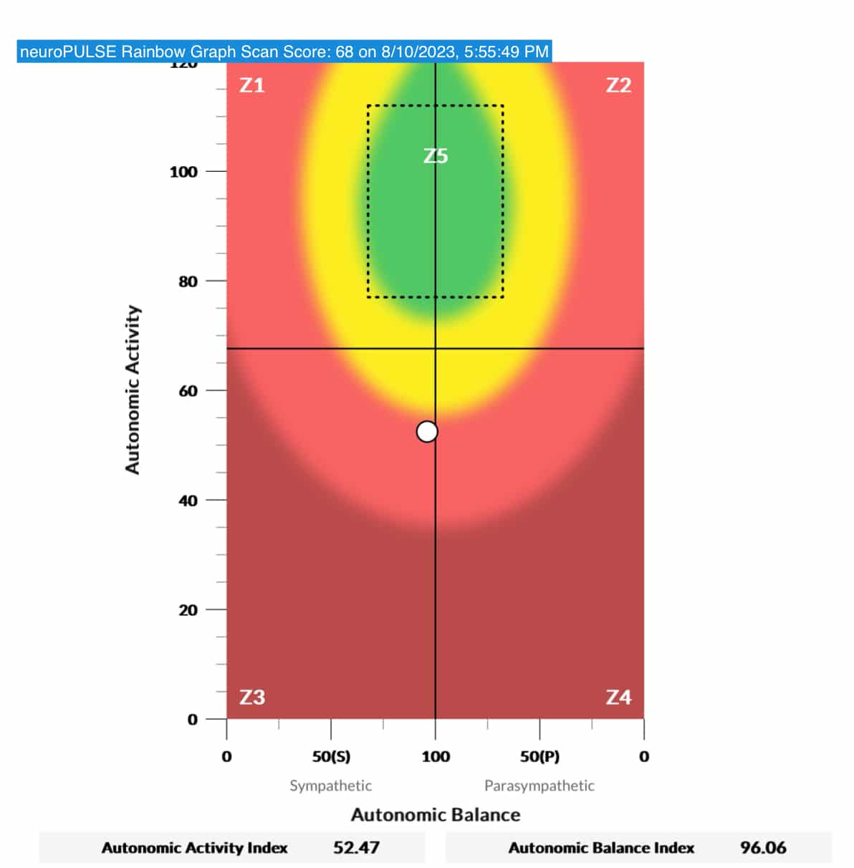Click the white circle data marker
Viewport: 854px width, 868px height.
coord(427,432)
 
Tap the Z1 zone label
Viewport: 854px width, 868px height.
coord(251,85)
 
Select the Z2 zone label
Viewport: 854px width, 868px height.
coord(618,85)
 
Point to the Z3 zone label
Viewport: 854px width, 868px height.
coord(251,697)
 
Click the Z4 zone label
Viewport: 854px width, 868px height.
coord(618,697)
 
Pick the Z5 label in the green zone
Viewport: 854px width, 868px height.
coord(436,155)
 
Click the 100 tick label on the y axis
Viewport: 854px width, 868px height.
coord(183,172)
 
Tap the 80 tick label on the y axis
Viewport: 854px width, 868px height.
coord(188,281)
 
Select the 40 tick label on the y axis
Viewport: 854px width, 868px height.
coord(188,501)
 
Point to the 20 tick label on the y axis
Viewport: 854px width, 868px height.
coord(188,610)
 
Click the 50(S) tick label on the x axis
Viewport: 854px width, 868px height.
coord(331,756)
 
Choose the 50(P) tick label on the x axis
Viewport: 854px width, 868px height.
coord(539,756)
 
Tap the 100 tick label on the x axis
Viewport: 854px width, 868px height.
coord(436,756)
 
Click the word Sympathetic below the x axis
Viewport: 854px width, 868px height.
coord(330,786)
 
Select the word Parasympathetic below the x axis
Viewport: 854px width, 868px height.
coord(539,786)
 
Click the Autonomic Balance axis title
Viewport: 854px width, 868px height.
coord(436,815)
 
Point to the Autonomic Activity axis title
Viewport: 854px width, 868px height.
coord(133,390)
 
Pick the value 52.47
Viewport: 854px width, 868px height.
coord(356,848)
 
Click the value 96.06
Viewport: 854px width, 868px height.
coord(763,848)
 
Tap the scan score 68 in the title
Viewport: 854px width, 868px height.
coord(345,52)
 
